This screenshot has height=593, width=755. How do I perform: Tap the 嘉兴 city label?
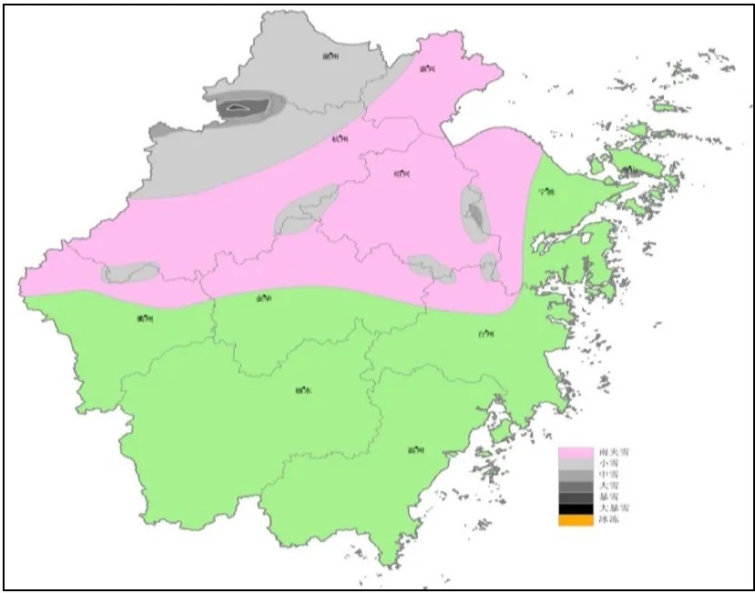[x=427, y=68]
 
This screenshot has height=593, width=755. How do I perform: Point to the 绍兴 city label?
[x=402, y=173]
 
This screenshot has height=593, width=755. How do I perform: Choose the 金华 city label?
[x=264, y=297]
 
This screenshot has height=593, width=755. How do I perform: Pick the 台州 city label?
[x=486, y=334]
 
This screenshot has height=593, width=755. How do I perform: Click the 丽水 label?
[x=303, y=391]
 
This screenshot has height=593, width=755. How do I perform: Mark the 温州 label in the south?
[x=416, y=450]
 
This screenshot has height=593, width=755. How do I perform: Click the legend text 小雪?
[x=607, y=463]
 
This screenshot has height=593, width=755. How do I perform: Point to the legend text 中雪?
[x=607, y=475]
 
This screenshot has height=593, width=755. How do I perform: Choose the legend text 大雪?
[x=607, y=486]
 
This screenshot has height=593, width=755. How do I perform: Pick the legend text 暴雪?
[x=607, y=497]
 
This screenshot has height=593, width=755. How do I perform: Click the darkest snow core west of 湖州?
[x=239, y=108]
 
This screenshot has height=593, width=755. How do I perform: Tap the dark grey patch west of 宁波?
[x=476, y=215]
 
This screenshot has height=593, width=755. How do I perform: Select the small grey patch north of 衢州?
[x=130, y=271]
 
